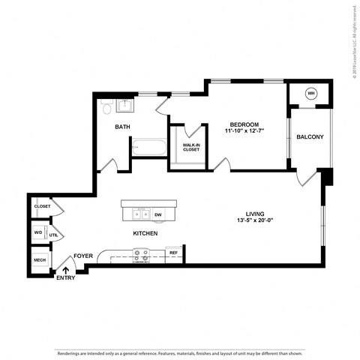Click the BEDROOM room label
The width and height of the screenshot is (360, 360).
coord(244,124)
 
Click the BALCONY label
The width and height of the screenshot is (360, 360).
coord(310,137)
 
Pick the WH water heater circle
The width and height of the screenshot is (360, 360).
coord(311,94)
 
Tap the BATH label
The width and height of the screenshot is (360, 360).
coord(122,127)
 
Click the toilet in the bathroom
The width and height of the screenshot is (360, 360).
coord(106,109)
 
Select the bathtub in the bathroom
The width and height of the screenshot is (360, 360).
coord(149,147)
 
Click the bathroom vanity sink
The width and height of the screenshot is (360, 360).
coord(124,103)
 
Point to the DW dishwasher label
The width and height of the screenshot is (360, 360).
coord(157,215)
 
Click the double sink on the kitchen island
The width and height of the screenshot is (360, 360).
coord(140,215)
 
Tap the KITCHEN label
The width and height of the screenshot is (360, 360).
coord(145,234)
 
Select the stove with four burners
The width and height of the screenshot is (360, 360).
coord(140,256)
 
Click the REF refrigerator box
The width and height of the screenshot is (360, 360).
coord(173,253)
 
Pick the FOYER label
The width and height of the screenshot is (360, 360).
coord(83,256)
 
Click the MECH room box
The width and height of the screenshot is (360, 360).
coord(39,261)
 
